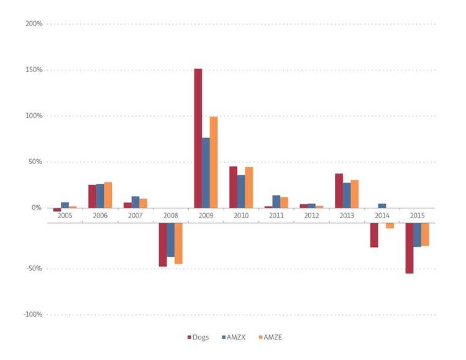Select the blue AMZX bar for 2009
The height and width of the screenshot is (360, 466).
[206, 173]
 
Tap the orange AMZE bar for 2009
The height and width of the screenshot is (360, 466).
[214, 162]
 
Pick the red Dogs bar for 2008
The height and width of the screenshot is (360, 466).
[163, 244]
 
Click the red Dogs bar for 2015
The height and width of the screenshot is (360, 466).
[409, 248]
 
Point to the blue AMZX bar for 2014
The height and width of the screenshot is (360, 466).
[382, 206]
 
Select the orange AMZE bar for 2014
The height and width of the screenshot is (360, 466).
[390, 226]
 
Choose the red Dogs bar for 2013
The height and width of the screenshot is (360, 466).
[339, 191]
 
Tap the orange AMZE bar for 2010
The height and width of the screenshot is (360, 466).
[249, 187]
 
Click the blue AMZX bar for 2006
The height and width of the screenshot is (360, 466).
[100, 196]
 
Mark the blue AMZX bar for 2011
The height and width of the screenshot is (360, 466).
[276, 201]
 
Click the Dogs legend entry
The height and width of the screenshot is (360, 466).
[198, 338]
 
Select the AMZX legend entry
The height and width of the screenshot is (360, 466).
[233, 338]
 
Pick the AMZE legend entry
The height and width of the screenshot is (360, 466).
[269, 338]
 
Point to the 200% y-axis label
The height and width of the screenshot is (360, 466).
[34, 24]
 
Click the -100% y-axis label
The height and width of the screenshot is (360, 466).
[32, 315]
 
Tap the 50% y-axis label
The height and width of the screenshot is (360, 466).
[35, 162]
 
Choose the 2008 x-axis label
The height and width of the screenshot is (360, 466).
[171, 215]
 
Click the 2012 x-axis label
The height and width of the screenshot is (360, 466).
[311, 215]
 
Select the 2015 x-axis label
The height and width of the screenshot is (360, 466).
[417, 215]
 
